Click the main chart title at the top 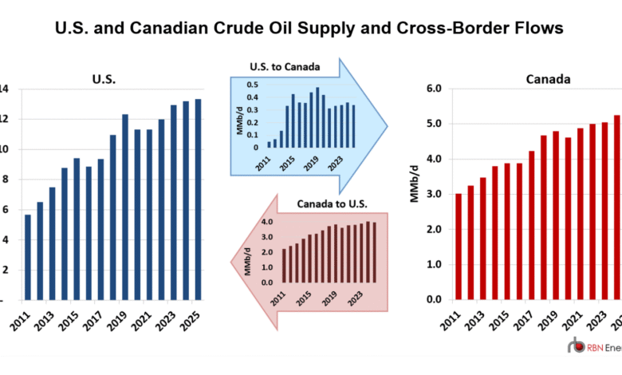click(309, 28)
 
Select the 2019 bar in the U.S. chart click(124, 207)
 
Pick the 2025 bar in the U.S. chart click(197, 199)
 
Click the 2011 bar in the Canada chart click(458, 247)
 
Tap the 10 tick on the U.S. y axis click(6, 149)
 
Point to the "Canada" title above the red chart click(543, 79)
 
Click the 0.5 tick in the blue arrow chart click(253, 85)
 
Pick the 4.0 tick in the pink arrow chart click(268, 222)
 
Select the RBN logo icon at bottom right click(576, 346)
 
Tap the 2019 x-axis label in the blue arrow click(313, 162)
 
